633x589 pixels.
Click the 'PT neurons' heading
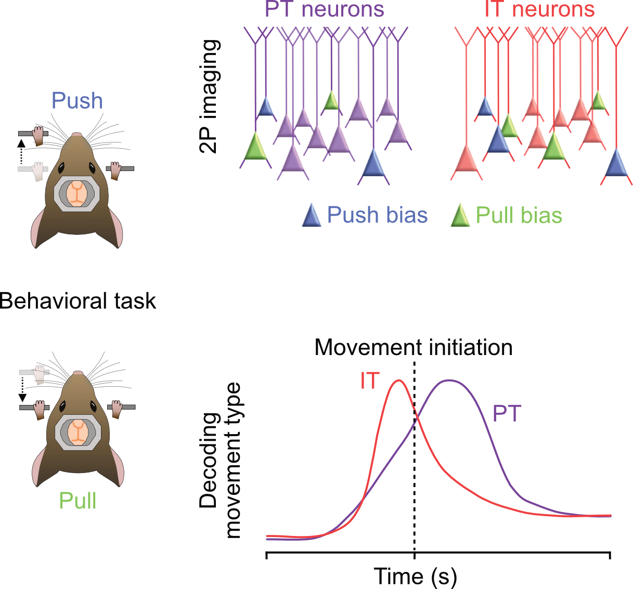(325, 9)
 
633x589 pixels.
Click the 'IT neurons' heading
(539, 9)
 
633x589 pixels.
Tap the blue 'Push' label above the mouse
(77, 101)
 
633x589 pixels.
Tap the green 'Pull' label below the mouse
(77, 501)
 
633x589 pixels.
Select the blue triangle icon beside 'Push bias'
(312, 215)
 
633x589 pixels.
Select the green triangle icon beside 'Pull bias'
(460, 215)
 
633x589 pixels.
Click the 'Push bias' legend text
(377, 215)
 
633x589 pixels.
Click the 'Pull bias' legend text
(519, 215)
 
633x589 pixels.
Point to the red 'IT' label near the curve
(370, 381)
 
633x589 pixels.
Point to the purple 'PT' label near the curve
(507, 414)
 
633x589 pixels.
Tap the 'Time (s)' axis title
(415, 577)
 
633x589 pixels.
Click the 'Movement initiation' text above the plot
(414, 347)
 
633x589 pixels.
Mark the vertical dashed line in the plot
(415, 468)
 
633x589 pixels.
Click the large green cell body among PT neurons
(255, 148)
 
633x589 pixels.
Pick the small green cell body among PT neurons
(331, 101)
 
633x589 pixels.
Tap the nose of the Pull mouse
(77, 373)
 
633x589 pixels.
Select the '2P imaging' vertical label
(210, 96)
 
